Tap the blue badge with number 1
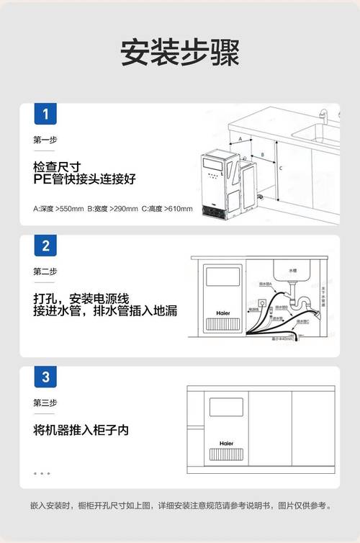tap(45, 115)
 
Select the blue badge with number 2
tap(45, 246)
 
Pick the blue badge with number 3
tap(45, 377)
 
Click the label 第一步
tap(45, 140)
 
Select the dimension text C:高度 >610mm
tap(168, 209)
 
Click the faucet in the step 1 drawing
tap(323, 116)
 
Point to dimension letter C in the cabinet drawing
tap(280, 168)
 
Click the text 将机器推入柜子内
tap(81, 430)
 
